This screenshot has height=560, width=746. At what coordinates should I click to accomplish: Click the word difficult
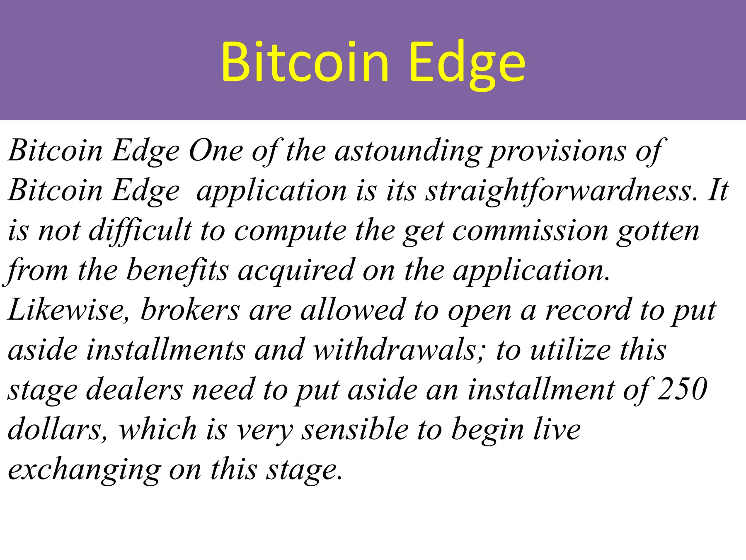[x=141, y=231]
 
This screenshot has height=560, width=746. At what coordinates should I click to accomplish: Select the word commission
[x=530, y=231]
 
